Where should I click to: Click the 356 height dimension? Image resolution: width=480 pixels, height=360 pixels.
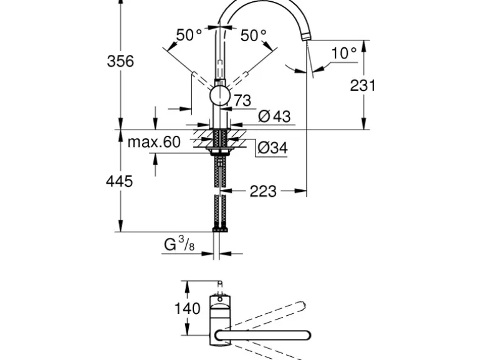click(120, 61)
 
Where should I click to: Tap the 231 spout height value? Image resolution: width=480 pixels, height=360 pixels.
click(362, 85)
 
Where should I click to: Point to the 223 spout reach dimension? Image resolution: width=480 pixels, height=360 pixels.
click(263, 191)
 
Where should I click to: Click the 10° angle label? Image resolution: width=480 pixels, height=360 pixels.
click(344, 53)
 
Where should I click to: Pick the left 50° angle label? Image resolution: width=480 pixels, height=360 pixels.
click(189, 36)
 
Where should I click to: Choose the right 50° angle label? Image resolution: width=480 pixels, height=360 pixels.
click(254, 36)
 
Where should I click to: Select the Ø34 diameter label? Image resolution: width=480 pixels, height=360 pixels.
click(272, 148)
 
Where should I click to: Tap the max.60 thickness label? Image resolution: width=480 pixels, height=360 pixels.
click(153, 142)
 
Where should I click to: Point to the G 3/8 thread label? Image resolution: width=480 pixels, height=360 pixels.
click(179, 245)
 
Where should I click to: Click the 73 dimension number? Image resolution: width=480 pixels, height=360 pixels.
click(242, 100)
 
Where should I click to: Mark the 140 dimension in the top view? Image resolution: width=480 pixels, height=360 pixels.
click(188, 308)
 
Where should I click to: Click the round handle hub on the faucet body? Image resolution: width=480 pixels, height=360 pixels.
click(219, 97)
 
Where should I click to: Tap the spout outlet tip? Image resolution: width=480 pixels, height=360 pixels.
click(305, 39)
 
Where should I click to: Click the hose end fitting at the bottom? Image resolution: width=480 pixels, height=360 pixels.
click(219, 230)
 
